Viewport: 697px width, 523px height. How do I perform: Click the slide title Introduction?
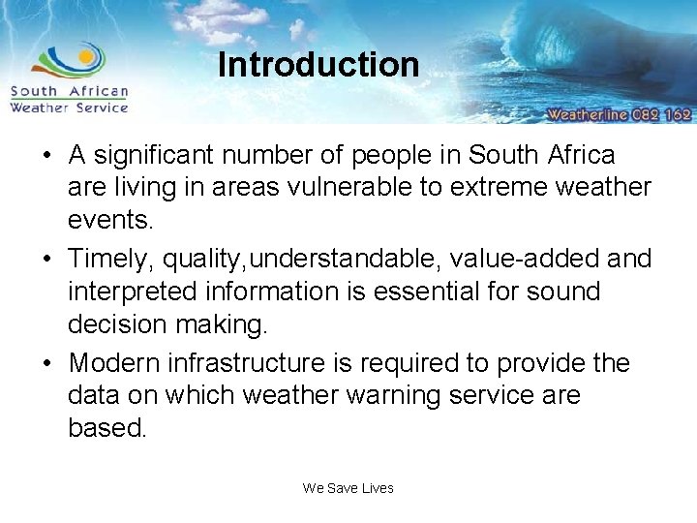(318, 65)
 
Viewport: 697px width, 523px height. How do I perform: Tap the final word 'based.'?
(107, 427)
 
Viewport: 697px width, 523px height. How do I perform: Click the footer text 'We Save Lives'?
(348, 488)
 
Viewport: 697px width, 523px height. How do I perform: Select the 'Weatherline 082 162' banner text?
(619, 114)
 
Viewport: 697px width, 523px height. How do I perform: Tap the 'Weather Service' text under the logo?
(69, 108)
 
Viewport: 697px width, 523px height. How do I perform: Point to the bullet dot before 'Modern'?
(48, 363)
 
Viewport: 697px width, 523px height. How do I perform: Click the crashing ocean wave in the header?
(600, 48)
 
